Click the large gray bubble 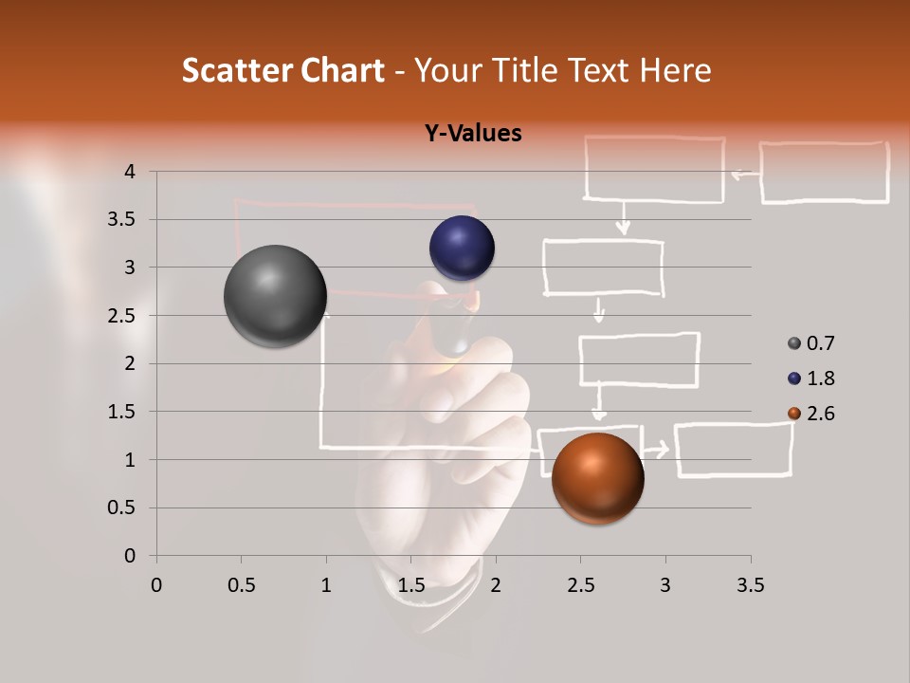click(275, 296)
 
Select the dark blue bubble click(462, 248)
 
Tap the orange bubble click(597, 478)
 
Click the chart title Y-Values click(472, 133)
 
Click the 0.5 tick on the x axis click(241, 585)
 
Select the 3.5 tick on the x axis click(750, 585)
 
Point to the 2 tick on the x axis click(495, 585)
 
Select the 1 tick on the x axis click(326, 585)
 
